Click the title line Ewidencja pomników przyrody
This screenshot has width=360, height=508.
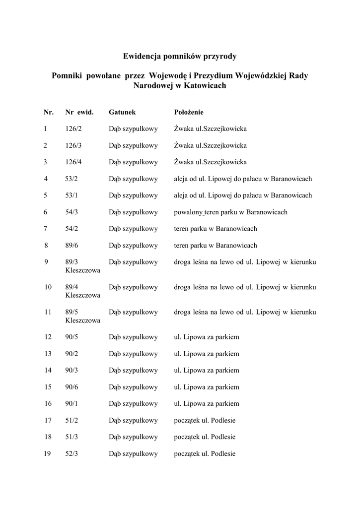pos(180,56)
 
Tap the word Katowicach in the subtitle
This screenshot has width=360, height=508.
pos(205,85)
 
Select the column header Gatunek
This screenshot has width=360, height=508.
pos(122,113)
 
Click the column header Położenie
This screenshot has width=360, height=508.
pos(189,113)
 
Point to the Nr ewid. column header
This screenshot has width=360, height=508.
pos(79,113)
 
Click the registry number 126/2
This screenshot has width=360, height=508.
pos(73,129)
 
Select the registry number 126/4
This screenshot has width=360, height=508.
pos(73,162)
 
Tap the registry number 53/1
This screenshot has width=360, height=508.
pos(72,195)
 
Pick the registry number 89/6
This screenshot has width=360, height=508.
pos(72,246)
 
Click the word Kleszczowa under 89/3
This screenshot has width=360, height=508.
pos(82,271)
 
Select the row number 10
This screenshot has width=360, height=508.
pos(48,287)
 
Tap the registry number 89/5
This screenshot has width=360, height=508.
pos(72,312)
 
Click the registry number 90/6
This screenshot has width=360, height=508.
pos(72,387)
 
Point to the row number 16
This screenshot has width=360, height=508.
pos(48,404)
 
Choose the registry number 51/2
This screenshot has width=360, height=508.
pos(72,421)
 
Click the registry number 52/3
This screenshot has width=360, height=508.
pos(72,454)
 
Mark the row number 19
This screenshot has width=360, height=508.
pos(48,454)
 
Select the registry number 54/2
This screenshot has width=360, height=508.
pos(72,229)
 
